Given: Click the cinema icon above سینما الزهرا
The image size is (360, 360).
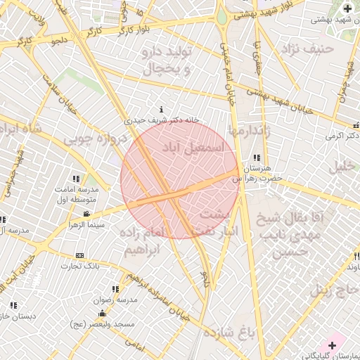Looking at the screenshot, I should (x=86, y=214).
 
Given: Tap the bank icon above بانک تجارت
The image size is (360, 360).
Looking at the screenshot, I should (x=79, y=255).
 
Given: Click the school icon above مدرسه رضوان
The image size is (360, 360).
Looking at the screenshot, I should (x=115, y=289).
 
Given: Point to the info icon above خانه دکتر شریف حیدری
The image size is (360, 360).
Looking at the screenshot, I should (x=162, y=110).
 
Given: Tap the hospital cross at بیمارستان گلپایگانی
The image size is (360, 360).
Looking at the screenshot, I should (x=332, y=345).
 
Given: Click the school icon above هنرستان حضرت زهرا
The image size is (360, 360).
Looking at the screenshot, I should (x=257, y=158).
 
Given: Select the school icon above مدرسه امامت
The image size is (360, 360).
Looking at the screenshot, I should (x=76, y=179).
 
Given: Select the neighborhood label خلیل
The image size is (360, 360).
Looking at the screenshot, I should (x=345, y=167).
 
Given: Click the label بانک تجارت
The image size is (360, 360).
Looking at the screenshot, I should (x=80, y=266).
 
